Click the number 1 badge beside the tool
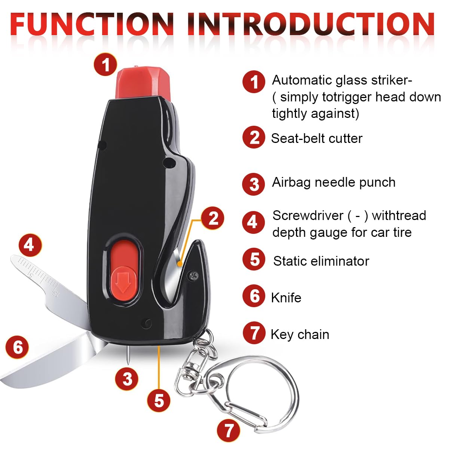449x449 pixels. [105, 64]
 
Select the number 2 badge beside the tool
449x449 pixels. [213, 218]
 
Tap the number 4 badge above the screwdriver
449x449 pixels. [30, 245]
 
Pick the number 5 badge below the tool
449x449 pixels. [159, 400]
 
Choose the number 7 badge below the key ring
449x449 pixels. [228, 430]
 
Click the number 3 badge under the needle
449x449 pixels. [127, 379]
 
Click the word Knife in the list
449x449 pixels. [286, 298]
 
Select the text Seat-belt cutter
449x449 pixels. [317, 138]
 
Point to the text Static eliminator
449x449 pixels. [321, 261]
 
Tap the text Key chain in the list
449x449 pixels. [300, 335]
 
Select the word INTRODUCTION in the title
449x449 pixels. [311, 24]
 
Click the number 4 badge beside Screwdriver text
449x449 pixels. [253, 222]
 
